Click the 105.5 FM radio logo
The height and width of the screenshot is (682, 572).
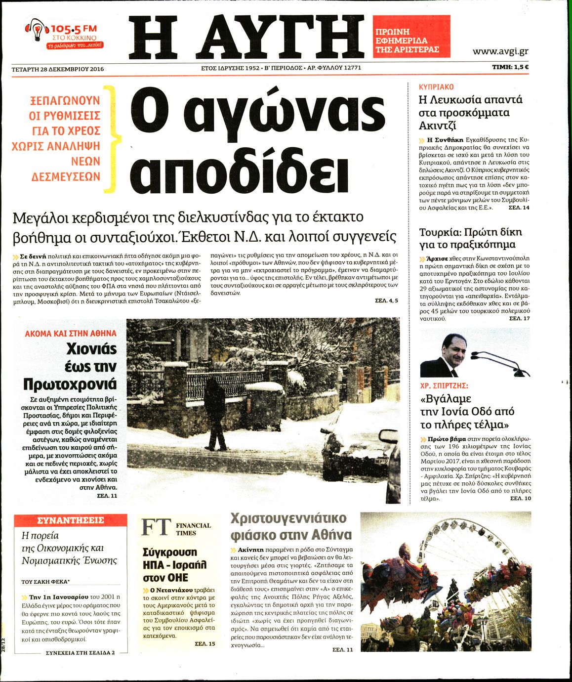click(x=64, y=35)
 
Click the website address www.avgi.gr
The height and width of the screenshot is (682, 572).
click(x=500, y=51)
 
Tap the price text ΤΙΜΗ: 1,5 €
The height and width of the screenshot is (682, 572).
click(x=510, y=68)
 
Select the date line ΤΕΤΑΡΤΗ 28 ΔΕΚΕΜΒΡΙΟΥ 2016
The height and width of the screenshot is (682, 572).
click(x=58, y=69)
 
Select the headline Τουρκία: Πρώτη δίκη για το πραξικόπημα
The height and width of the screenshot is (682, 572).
click(x=470, y=238)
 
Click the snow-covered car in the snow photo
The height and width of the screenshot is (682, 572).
click(x=356, y=440)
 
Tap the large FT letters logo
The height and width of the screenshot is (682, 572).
click(x=157, y=528)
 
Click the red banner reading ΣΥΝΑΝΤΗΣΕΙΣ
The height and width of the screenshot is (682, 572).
click(x=71, y=520)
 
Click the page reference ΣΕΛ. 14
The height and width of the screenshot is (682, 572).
click(x=519, y=208)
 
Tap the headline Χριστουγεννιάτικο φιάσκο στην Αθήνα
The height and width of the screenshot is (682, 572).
click(x=291, y=526)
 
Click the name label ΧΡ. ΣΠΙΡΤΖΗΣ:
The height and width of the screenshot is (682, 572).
click(x=444, y=385)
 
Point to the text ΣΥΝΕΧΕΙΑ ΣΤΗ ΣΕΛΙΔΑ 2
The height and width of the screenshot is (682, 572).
click(x=80, y=652)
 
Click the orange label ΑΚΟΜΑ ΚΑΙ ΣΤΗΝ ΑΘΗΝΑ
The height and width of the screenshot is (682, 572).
click(x=71, y=334)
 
